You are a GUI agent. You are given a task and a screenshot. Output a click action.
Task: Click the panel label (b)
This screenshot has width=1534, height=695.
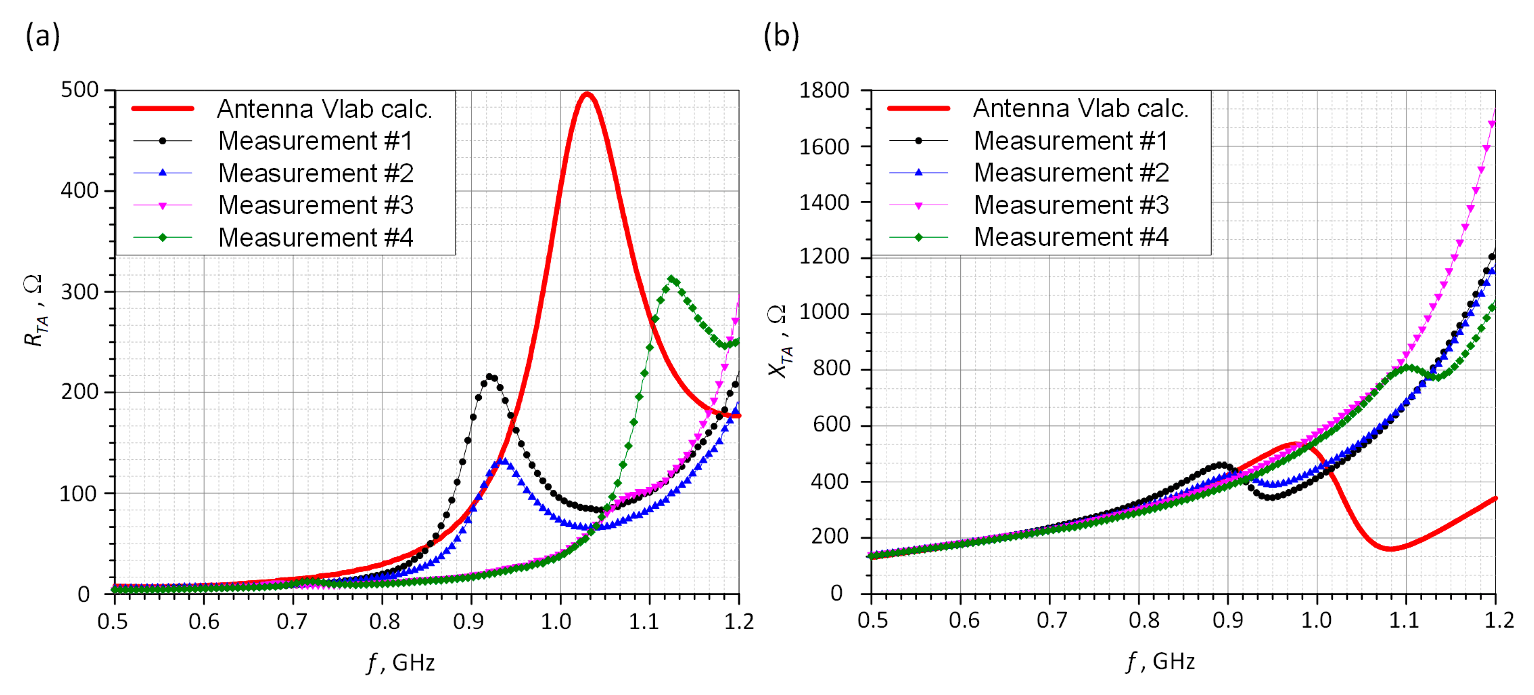coord(781,36)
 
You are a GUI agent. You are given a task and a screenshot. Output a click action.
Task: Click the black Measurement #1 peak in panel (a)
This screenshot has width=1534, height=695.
coord(490,376)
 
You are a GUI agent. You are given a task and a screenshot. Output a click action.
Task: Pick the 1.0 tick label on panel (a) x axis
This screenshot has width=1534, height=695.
coord(555,621)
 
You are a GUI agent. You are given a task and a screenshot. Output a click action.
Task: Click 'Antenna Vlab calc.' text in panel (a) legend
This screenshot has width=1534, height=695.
coord(325,109)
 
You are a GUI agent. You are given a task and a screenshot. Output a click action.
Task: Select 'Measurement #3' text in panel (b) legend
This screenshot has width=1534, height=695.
coord(1071,205)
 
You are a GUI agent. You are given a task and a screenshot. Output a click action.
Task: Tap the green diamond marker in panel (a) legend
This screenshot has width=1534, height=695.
coord(163,238)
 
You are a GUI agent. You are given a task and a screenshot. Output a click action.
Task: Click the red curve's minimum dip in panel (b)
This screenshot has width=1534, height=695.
coord(1389,548)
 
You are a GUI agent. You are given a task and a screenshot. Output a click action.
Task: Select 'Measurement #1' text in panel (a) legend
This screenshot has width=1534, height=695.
coord(315,141)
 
